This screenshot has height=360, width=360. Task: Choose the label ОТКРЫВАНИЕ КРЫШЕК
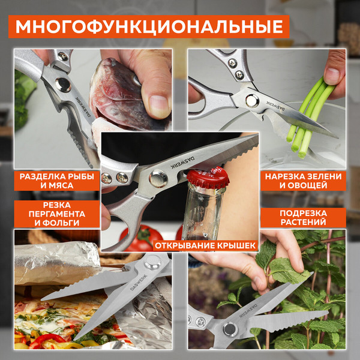[205, 245]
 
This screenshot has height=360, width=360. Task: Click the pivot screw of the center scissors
[158, 178]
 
